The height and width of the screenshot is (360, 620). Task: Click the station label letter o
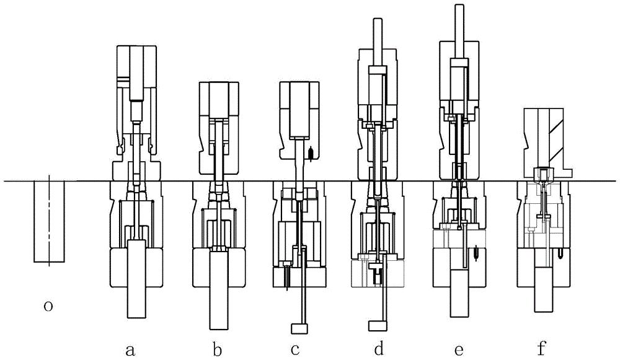pyautogui.click(x=48, y=306)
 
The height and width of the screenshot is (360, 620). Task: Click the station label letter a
pyautogui.click(x=130, y=349)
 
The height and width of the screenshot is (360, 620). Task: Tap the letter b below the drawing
pyautogui.click(x=217, y=349)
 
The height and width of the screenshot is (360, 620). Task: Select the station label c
pyautogui.click(x=295, y=349)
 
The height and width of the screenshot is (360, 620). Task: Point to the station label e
pyautogui.click(x=459, y=349)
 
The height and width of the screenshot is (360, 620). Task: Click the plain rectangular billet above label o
pyautogui.click(x=49, y=222)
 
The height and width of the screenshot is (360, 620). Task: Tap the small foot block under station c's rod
pyautogui.click(x=299, y=328)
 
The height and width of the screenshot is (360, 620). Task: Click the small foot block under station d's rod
pyautogui.click(x=378, y=326)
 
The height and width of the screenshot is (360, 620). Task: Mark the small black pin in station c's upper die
pyautogui.click(x=311, y=153)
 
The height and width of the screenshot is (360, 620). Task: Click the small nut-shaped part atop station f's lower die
pyautogui.click(x=544, y=173)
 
